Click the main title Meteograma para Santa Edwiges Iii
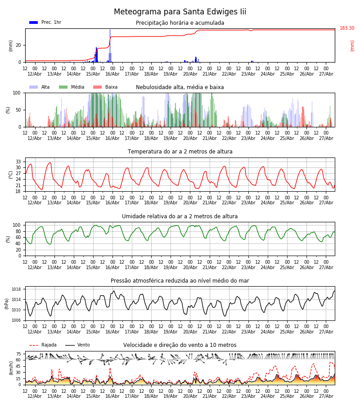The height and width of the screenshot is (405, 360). tap(180, 12)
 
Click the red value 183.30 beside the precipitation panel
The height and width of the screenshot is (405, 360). tap(347, 28)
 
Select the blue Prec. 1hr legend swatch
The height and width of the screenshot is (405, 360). tap(34, 22)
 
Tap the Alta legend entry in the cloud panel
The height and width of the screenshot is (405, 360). tap(39, 87)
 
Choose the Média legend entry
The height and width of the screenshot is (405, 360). tap(72, 87)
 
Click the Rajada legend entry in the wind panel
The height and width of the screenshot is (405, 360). tap(43, 345)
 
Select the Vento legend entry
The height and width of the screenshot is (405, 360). tap(77, 345)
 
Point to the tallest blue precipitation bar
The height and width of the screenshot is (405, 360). tap(110, 46)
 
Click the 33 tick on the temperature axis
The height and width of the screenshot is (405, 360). tap(18, 162)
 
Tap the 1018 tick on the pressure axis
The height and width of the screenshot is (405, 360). tap(16, 289)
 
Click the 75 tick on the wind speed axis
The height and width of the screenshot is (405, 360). tap(18, 354)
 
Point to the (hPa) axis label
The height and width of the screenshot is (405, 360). tap(7, 304)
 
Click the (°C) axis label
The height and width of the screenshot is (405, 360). tap(11, 175)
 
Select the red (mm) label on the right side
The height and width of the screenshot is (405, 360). tap(352, 46)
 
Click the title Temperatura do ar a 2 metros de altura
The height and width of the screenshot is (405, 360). tap(180, 152)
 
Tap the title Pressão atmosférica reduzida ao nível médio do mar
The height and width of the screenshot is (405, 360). tap(180, 280)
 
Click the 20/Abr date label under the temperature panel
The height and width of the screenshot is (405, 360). tap(190, 203)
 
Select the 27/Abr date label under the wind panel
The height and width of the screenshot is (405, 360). tap(326, 396)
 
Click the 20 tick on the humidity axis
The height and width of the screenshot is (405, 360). tap(18, 250)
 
